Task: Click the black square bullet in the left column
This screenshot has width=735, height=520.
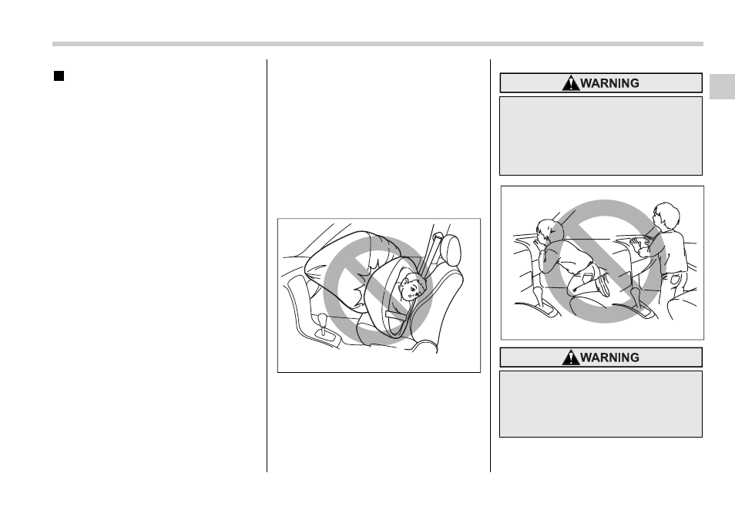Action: tap(59, 76)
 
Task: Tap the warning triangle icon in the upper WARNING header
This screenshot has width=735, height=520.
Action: tap(570, 83)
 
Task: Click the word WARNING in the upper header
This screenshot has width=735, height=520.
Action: tap(610, 83)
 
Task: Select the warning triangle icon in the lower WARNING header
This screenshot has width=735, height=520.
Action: tap(570, 357)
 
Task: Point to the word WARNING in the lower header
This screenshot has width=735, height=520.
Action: tap(610, 357)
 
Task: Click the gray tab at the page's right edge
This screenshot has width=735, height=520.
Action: tap(723, 86)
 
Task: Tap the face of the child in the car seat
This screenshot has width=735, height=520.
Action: tap(411, 288)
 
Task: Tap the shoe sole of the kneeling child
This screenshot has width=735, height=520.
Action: tap(603, 286)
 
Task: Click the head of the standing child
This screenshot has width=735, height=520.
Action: tap(666, 216)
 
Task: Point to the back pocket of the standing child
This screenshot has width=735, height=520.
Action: tap(674, 280)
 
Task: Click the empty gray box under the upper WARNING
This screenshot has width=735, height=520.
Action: tap(601, 136)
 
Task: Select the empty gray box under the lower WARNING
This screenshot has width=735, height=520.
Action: tap(601, 404)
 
